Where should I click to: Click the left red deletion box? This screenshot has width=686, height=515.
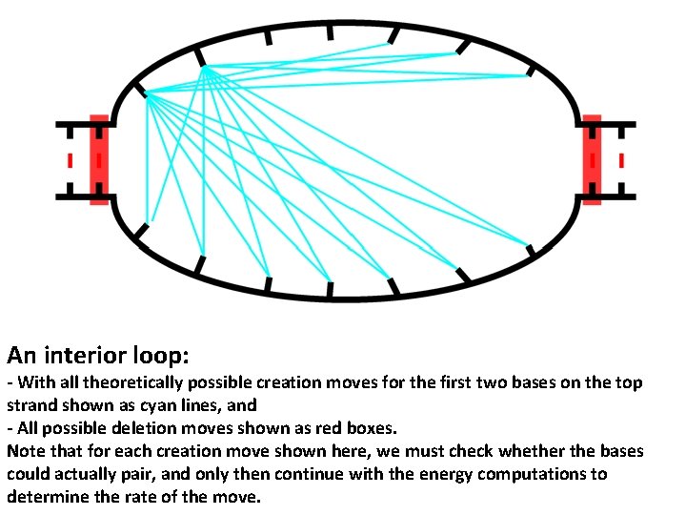[x=99, y=159]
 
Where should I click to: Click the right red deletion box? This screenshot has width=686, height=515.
[x=592, y=159]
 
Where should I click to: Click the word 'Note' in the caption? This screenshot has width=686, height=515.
[x=26, y=451]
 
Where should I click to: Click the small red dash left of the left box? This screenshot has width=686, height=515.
[x=70, y=160]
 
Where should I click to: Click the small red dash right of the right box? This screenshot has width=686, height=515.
[x=621, y=160]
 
